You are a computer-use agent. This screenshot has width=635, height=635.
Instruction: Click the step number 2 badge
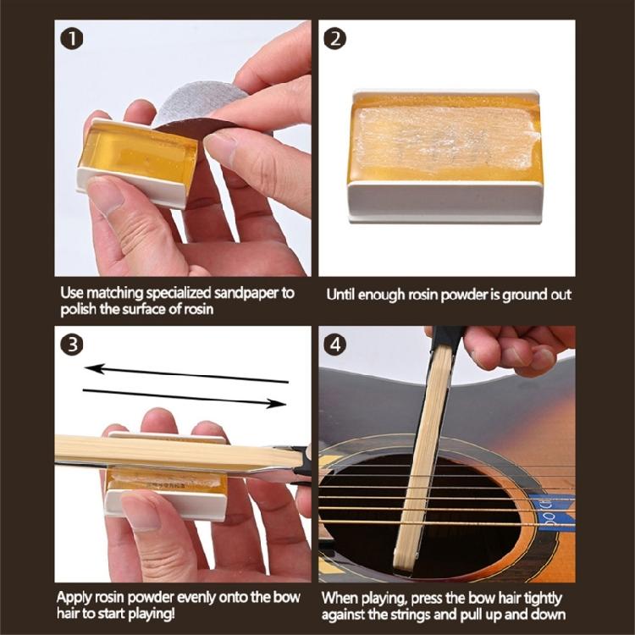point(337,40)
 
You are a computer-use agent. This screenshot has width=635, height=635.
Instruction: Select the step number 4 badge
point(337,345)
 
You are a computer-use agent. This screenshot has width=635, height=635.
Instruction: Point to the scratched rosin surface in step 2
point(444,135)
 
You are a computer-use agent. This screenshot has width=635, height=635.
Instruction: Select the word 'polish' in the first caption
point(80,308)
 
